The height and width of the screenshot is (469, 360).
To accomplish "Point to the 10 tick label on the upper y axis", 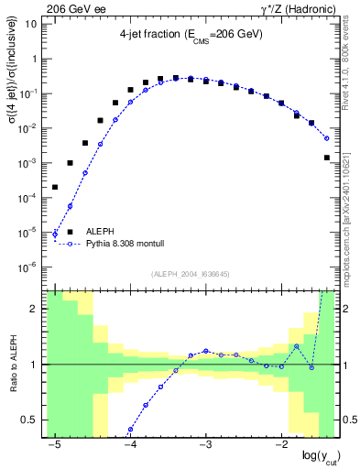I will point(30,24).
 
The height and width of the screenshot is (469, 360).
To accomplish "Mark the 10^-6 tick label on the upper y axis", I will point(28,267).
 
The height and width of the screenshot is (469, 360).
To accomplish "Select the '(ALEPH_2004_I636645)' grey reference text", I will point(190,274).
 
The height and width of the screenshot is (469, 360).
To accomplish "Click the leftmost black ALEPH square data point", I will point(55,187).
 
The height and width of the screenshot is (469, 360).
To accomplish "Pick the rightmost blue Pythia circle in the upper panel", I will point(327,139).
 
